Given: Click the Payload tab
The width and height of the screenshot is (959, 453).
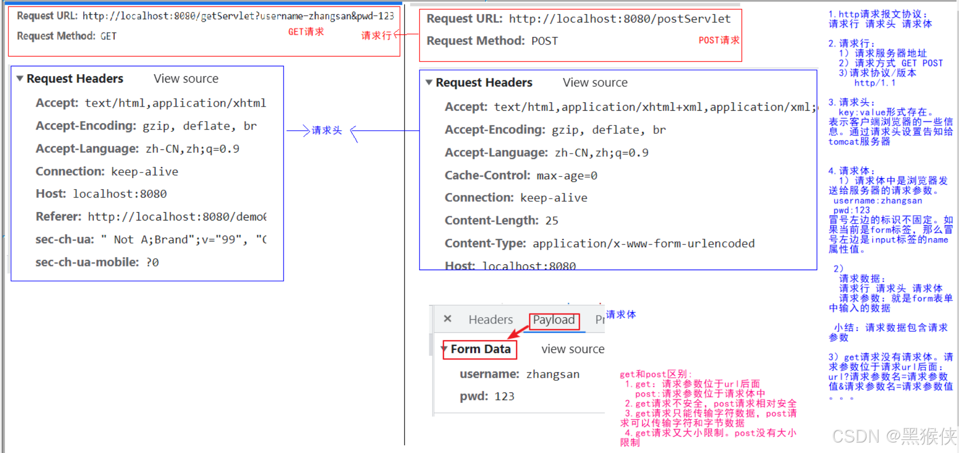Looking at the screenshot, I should pos(554,320).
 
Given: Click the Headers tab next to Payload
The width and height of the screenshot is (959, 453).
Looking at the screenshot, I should pos(490,320).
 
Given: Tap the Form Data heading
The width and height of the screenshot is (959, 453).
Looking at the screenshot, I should pos(481,349).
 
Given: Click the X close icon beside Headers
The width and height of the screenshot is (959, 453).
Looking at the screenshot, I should pos(448,319).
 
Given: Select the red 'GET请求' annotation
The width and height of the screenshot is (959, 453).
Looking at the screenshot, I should pos(306,32).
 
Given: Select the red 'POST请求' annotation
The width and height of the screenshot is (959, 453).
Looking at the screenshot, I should pos(719,40).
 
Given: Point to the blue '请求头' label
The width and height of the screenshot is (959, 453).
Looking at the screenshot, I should pos(327,131).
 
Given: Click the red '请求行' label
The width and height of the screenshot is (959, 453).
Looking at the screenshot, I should pos(376,36).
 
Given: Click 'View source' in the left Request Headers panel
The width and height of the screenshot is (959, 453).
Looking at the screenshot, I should pos(186,79).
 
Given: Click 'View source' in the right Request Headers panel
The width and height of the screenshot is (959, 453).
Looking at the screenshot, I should pos(595,83).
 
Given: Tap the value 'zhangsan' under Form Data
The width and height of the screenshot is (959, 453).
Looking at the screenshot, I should pos(553,374).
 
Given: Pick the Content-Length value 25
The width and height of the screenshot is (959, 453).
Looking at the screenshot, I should pos(552,221).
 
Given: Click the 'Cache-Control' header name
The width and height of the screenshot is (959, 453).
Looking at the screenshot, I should pos(487,176).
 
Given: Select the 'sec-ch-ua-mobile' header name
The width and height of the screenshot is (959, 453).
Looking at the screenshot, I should pos(87,262).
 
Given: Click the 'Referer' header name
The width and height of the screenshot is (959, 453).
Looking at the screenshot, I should pos(59,217).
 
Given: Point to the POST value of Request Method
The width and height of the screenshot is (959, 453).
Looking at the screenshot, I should pos(544,41).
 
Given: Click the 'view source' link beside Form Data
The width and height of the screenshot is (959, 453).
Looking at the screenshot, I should pos(573,349).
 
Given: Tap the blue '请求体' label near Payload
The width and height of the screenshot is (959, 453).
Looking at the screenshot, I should pos(621,315).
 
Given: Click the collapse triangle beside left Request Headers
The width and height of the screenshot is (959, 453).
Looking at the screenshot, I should pos(20,78).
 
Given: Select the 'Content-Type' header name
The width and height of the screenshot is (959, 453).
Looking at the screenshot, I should pos(485,243).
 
